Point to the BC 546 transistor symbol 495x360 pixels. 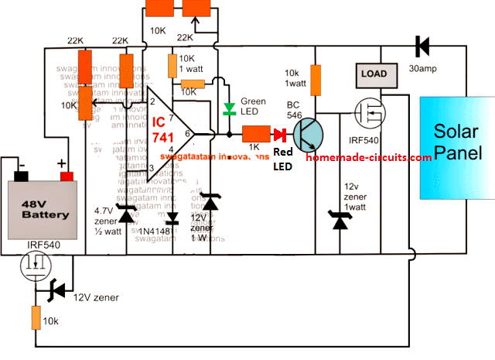tap(310, 134)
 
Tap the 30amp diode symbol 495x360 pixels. tap(422, 46)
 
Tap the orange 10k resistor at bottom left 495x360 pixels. tap(36, 316)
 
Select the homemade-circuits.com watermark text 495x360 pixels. tap(368, 157)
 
